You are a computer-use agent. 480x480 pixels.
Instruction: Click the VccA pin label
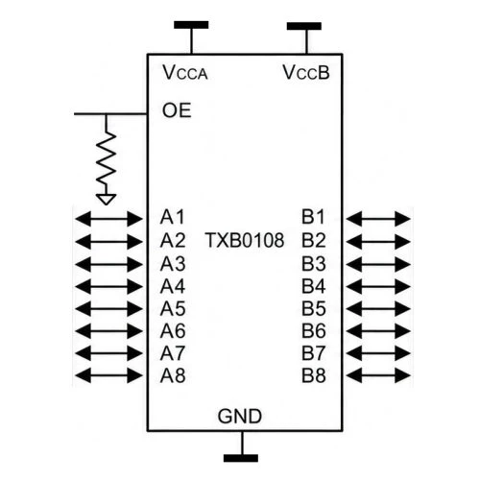pyautogui.click(x=185, y=72)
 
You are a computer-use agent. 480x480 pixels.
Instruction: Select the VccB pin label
pyautogui.click(x=306, y=72)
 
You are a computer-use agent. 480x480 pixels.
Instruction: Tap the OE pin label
pyautogui.click(x=177, y=110)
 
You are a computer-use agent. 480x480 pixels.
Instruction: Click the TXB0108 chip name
pyautogui.click(x=245, y=240)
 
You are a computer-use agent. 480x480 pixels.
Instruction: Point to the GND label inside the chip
pyautogui.click(x=240, y=417)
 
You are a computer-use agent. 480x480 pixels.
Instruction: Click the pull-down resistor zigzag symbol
pyautogui.click(x=106, y=159)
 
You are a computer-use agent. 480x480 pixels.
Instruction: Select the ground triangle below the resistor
pyautogui.click(x=106, y=200)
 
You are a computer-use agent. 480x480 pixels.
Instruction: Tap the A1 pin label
pyautogui.click(x=173, y=217)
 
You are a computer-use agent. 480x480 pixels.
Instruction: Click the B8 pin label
pyautogui.click(x=314, y=375)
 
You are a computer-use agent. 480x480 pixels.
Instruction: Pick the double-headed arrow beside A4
pyautogui.click(x=108, y=286)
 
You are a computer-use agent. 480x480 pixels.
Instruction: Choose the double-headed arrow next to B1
pyautogui.click(x=378, y=219)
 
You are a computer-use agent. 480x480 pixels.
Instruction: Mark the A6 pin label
pyautogui.click(x=173, y=331)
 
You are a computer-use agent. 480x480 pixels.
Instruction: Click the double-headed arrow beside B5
pyautogui.click(x=378, y=309)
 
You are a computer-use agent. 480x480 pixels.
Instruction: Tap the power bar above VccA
pyautogui.click(x=191, y=25)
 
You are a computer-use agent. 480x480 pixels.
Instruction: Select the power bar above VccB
pyautogui.click(x=304, y=26)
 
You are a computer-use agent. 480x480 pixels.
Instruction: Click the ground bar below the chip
pyautogui.click(x=241, y=458)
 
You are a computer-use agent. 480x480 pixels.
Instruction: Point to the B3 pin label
pyautogui.click(x=314, y=264)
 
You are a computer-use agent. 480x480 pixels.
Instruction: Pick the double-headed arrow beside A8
pyautogui.click(x=108, y=375)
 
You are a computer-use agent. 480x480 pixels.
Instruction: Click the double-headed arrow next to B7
pyautogui.click(x=378, y=353)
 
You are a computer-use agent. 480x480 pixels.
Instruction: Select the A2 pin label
pyautogui.click(x=173, y=241)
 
